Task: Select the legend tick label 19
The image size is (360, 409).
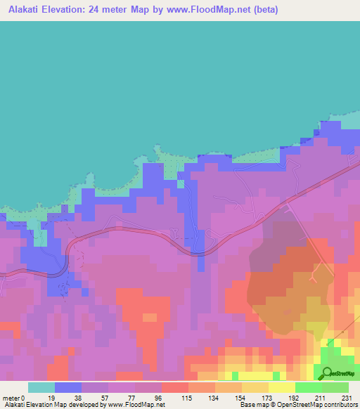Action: click(51, 398)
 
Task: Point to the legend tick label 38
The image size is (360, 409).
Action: click(78, 398)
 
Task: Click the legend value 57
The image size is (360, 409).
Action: click(105, 398)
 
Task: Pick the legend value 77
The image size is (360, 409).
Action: click(131, 398)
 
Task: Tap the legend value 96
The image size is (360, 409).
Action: click(158, 398)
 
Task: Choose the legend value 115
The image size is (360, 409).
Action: click(186, 398)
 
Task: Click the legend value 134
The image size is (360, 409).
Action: click(213, 398)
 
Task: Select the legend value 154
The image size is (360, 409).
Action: click(240, 398)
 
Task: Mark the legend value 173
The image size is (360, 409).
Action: click(266, 398)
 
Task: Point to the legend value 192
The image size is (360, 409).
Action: click(293, 398)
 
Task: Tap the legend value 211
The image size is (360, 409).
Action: click(320, 398)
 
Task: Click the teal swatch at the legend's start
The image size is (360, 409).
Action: click(41, 387)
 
